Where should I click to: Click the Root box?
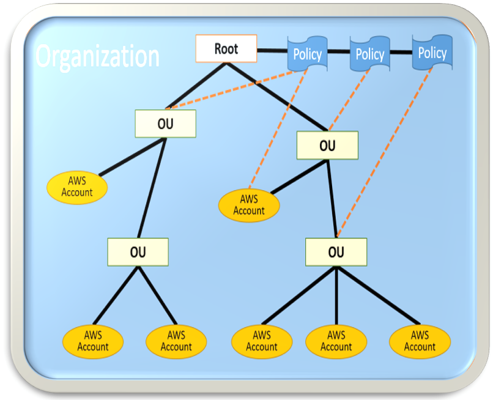pyautogui.click(x=226, y=49)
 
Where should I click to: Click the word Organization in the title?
pyautogui.click(x=97, y=56)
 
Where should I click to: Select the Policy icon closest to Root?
pyautogui.click(x=307, y=54)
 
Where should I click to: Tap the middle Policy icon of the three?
pyautogui.click(x=369, y=54)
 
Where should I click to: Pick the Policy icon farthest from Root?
pyautogui.click(x=432, y=53)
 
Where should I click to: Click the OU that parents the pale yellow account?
pyautogui.click(x=165, y=124)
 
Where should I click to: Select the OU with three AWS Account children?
pyautogui.click(x=336, y=252)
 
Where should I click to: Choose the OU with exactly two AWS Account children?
pyautogui.click(x=138, y=252)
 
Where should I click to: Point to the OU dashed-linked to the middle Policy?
pyautogui.click(x=327, y=146)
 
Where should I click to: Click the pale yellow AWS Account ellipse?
pyautogui.click(x=77, y=187)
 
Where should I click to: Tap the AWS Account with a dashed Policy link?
pyautogui.click(x=249, y=205)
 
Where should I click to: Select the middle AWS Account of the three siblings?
pyautogui.click(x=336, y=341)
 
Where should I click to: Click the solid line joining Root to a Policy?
pyautogui.click(x=272, y=50)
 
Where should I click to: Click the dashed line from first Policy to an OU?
pyautogui.click(x=232, y=92)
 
